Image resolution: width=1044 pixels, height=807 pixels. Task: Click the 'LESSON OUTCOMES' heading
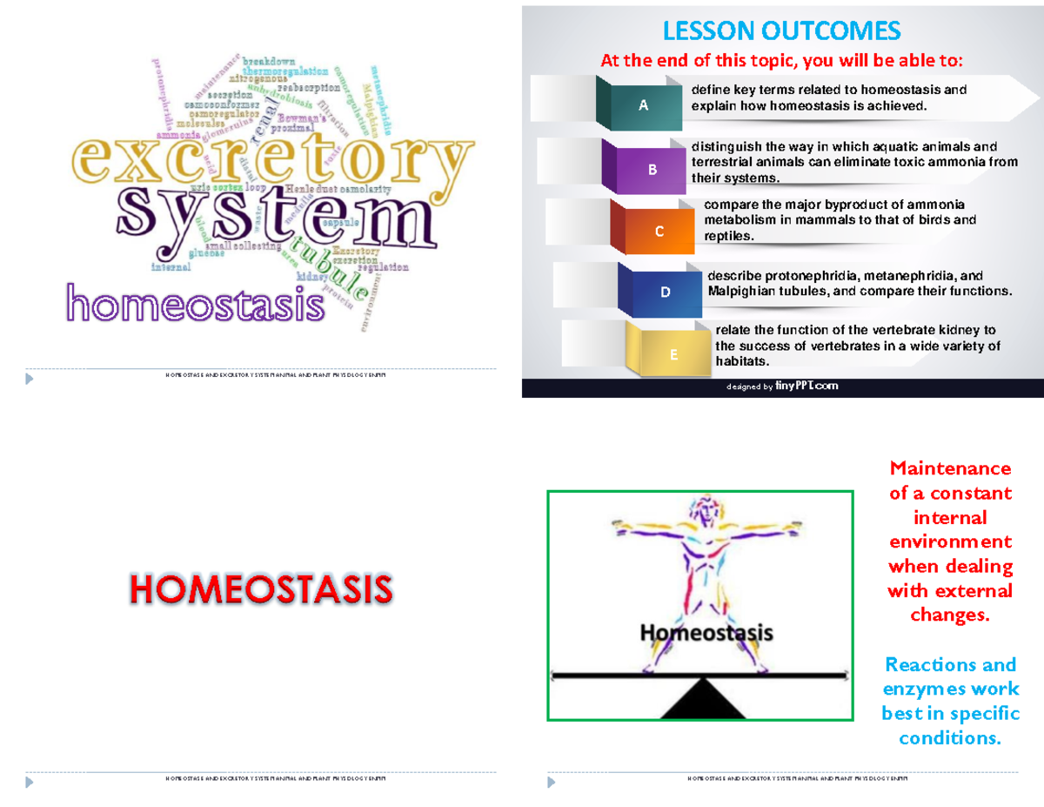(x=781, y=32)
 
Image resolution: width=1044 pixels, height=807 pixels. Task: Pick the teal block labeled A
(x=645, y=105)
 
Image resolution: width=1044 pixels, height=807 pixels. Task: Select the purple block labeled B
(x=652, y=169)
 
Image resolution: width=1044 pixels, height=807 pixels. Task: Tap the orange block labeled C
(x=659, y=231)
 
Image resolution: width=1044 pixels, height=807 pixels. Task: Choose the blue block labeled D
(x=666, y=293)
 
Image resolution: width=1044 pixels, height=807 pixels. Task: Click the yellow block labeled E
(x=673, y=353)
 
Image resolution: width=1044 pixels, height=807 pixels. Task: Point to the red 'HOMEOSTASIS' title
(x=261, y=589)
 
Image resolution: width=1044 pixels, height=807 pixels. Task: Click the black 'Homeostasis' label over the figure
(x=706, y=633)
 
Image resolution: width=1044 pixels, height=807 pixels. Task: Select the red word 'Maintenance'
(x=950, y=468)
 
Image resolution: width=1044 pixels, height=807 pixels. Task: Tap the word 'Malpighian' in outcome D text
(x=740, y=292)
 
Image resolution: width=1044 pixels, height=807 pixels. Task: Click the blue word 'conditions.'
(x=950, y=738)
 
